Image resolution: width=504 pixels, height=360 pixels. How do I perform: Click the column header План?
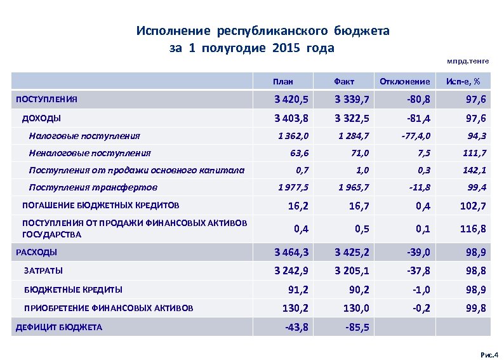tap(283, 82)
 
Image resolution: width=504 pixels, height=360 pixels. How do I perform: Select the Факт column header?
tap(344, 82)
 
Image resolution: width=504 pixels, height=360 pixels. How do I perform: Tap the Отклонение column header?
tap(404, 82)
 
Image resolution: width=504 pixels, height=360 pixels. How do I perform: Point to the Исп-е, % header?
tap(463, 82)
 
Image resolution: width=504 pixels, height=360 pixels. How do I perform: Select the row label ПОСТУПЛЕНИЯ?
tap(46, 100)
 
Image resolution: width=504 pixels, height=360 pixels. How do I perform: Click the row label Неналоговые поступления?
tap(90, 152)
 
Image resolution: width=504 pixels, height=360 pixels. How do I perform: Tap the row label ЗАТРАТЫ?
tap(43, 270)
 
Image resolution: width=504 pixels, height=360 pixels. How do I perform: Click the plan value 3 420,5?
tap(291, 100)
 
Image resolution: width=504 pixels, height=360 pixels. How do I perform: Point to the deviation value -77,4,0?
tap(416, 135)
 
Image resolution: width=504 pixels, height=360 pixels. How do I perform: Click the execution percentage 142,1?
tap(475, 170)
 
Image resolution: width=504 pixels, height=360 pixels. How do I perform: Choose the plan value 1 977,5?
tap(294, 187)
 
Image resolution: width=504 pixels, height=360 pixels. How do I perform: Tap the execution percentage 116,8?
tap(473, 229)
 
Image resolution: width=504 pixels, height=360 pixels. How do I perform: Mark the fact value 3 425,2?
tap(353, 253)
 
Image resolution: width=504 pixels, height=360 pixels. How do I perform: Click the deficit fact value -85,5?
tap(359, 328)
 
